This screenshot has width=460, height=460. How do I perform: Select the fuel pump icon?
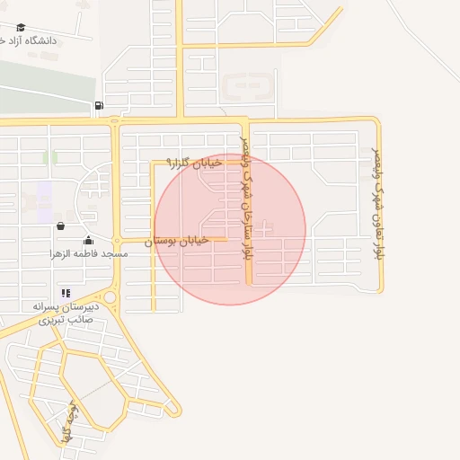pyautogui.click(x=98, y=106)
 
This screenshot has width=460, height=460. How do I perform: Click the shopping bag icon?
pyautogui.click(x=60, y=226)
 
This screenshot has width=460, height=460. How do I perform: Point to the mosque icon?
pyautogui.click(x=89, y=241)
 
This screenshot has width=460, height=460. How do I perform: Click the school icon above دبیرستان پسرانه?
pyautogui.click(x=66, y=293)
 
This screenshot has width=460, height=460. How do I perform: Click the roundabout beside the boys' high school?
pyautogui.click(x=110, y=297)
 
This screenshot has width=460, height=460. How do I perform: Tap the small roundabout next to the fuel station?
pyautogui.click(x=114, y=119)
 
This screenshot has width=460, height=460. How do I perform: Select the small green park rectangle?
pyautogui.click(x=50, y=158)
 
